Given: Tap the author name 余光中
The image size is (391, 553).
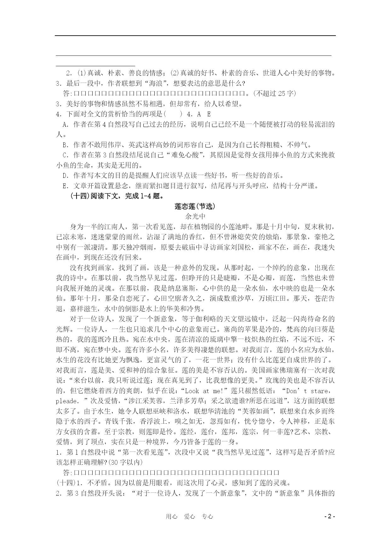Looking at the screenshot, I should [x=195, y=216].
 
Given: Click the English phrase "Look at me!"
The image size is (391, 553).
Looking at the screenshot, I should [x=205, y=391].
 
